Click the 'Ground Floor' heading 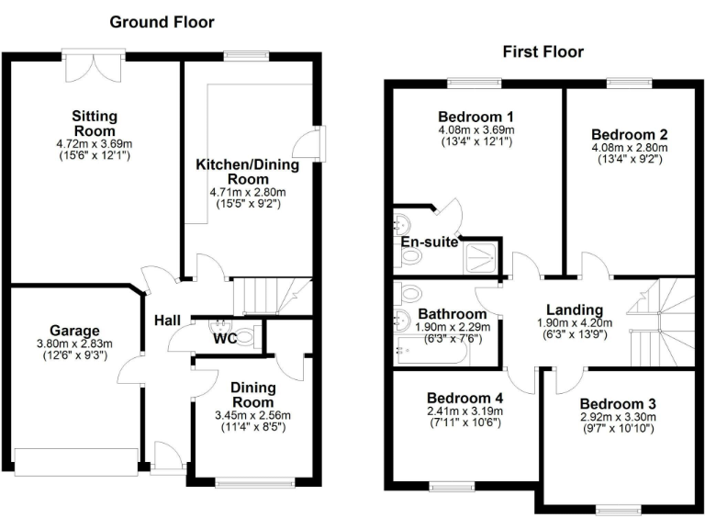[162, 21]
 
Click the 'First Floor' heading [543, 51]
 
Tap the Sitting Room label [95, 123]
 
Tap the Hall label [167, 321]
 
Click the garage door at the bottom [76, 462]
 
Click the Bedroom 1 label [475, 117]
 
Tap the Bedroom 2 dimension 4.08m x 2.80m [622, 147]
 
